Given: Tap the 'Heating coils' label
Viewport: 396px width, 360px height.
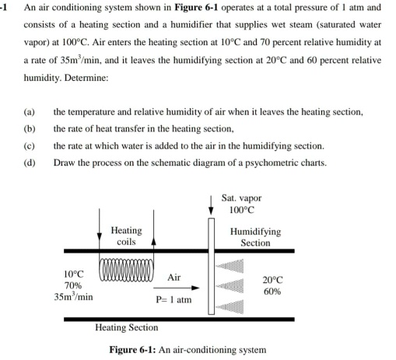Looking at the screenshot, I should tap(127, 236).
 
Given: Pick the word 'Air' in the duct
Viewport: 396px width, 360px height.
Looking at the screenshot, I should tap(173, 278).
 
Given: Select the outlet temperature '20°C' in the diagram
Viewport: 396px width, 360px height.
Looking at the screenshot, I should tap(273, 280).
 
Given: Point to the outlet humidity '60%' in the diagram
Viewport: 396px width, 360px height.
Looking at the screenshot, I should tap(272, 292).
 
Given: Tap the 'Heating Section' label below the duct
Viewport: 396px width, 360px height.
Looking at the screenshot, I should tap(126, 328).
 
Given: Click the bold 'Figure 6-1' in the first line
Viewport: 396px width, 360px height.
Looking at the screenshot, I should tap(216, 7).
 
